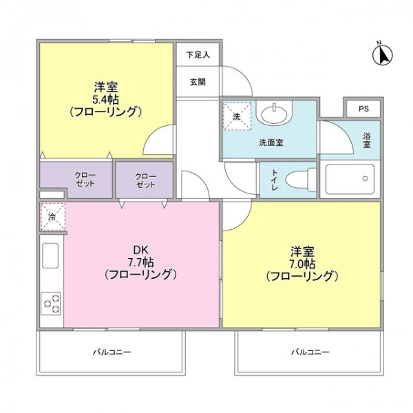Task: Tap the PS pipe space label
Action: tap(363, 109)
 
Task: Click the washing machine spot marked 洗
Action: tap(237, 116)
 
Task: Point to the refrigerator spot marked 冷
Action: tap(53, 217)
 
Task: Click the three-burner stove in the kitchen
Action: tap(50, 304)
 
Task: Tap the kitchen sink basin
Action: tap(50, 256)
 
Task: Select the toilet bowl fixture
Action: tap(301, 180)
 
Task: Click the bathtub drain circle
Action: tap(365, 178)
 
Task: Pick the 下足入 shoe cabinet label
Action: tap(198, 55)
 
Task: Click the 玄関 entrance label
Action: tap(198, 82)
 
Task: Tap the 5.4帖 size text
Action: tap(105, 99)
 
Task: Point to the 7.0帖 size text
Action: tap(302, 264)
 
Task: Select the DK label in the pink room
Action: tap(141, 249)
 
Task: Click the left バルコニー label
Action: tap(112, 352)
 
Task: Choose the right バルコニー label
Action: tap(310, 352)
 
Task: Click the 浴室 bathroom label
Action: tap(367, 140)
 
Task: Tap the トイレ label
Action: tap(275, 180)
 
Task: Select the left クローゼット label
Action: tap(85, 179)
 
